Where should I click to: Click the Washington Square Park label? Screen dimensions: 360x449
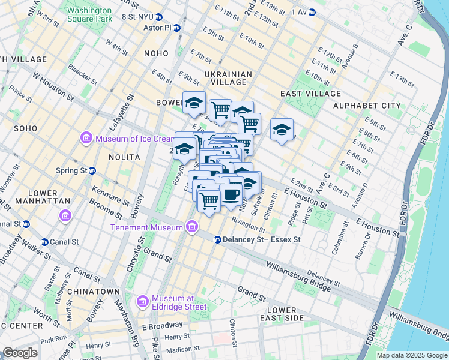pyautogui.click(x=89, y=14)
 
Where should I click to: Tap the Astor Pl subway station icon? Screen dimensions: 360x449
pyautogui.click(x=177, y=28)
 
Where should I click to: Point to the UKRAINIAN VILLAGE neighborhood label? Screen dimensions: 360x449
pyautogui.click(x=228, y=79)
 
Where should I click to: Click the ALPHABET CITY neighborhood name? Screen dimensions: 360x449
pyautogui.click(x=366, y=106)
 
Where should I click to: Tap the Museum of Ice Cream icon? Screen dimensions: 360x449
pyautogui.click(x=86, y=139)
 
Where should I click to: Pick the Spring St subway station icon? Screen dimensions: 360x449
pyautogui.click(x=92, y=170)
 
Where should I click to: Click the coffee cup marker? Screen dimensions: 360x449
pyautogui.click(x=231, y=194)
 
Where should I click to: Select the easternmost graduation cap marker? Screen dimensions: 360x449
pyautogui.click(x=282, y=130)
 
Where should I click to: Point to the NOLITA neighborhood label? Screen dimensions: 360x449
pyautogui.click(x=124, y=157)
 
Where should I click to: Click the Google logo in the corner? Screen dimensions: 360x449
pyautogui.click(x=20, y=353)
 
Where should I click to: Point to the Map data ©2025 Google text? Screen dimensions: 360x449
pyautogui.click(x=411, y=355)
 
